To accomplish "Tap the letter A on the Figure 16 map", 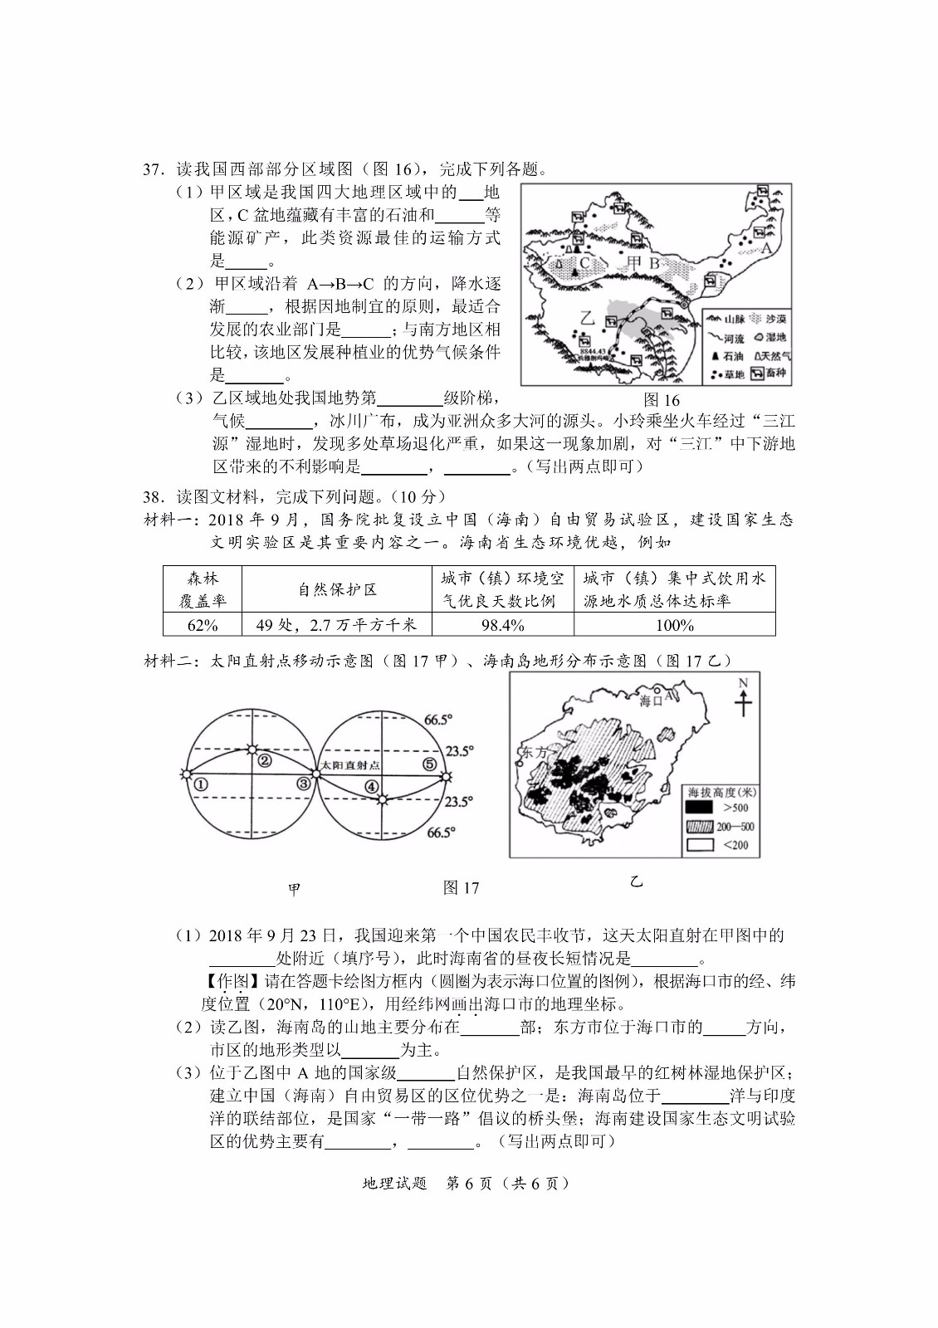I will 766,247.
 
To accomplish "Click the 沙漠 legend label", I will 775,319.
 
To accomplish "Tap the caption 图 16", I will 661,400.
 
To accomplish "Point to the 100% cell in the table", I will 674,624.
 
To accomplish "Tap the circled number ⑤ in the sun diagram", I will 429,764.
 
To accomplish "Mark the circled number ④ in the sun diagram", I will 371,787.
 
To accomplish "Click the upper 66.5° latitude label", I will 438,720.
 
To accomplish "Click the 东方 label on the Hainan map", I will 534,752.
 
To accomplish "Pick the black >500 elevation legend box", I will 700,807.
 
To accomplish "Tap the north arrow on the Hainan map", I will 743,699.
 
